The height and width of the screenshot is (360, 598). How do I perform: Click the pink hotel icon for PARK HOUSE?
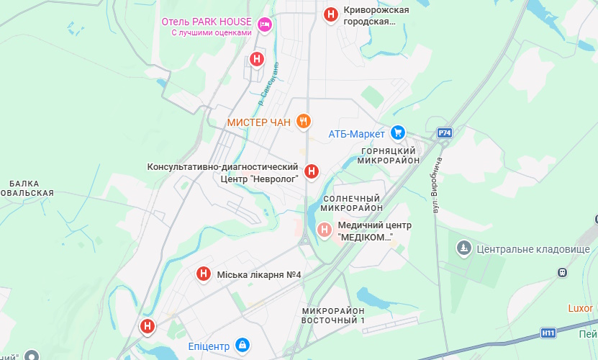(x=265, y=24)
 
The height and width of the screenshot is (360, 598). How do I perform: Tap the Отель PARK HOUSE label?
(x=207, y=22)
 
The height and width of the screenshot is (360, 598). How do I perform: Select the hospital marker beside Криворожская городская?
(x=330, y=14)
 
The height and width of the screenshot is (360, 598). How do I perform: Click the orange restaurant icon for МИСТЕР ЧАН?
(x=304, y=122)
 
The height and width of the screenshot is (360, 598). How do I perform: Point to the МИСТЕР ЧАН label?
(x=258, y=122)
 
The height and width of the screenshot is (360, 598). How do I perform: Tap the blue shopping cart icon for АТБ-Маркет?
(x=398, y=132)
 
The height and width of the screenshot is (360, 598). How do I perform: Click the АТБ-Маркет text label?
(x=357, y=133)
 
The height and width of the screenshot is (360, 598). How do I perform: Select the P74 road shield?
(x=445, y=133)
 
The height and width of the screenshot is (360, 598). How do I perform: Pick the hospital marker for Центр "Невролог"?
(x=312, y=171)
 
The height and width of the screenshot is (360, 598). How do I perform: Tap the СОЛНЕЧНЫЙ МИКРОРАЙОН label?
(x=351, y=203)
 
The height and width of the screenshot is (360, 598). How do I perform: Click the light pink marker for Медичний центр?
(x=325, y=230)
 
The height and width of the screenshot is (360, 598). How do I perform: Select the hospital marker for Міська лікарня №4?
(x=204, y=274)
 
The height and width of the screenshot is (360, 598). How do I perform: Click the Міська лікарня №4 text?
(x=259, y=274)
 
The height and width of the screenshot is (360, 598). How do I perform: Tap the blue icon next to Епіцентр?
(x=243, y=345)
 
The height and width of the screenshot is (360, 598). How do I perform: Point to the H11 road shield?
(x=548, y=333)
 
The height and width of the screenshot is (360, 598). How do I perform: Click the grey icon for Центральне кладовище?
(x=464, y=249)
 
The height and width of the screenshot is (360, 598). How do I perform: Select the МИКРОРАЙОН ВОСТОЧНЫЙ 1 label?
(x=333, y=315)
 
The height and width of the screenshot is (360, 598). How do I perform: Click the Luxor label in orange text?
(x=580, y=308)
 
